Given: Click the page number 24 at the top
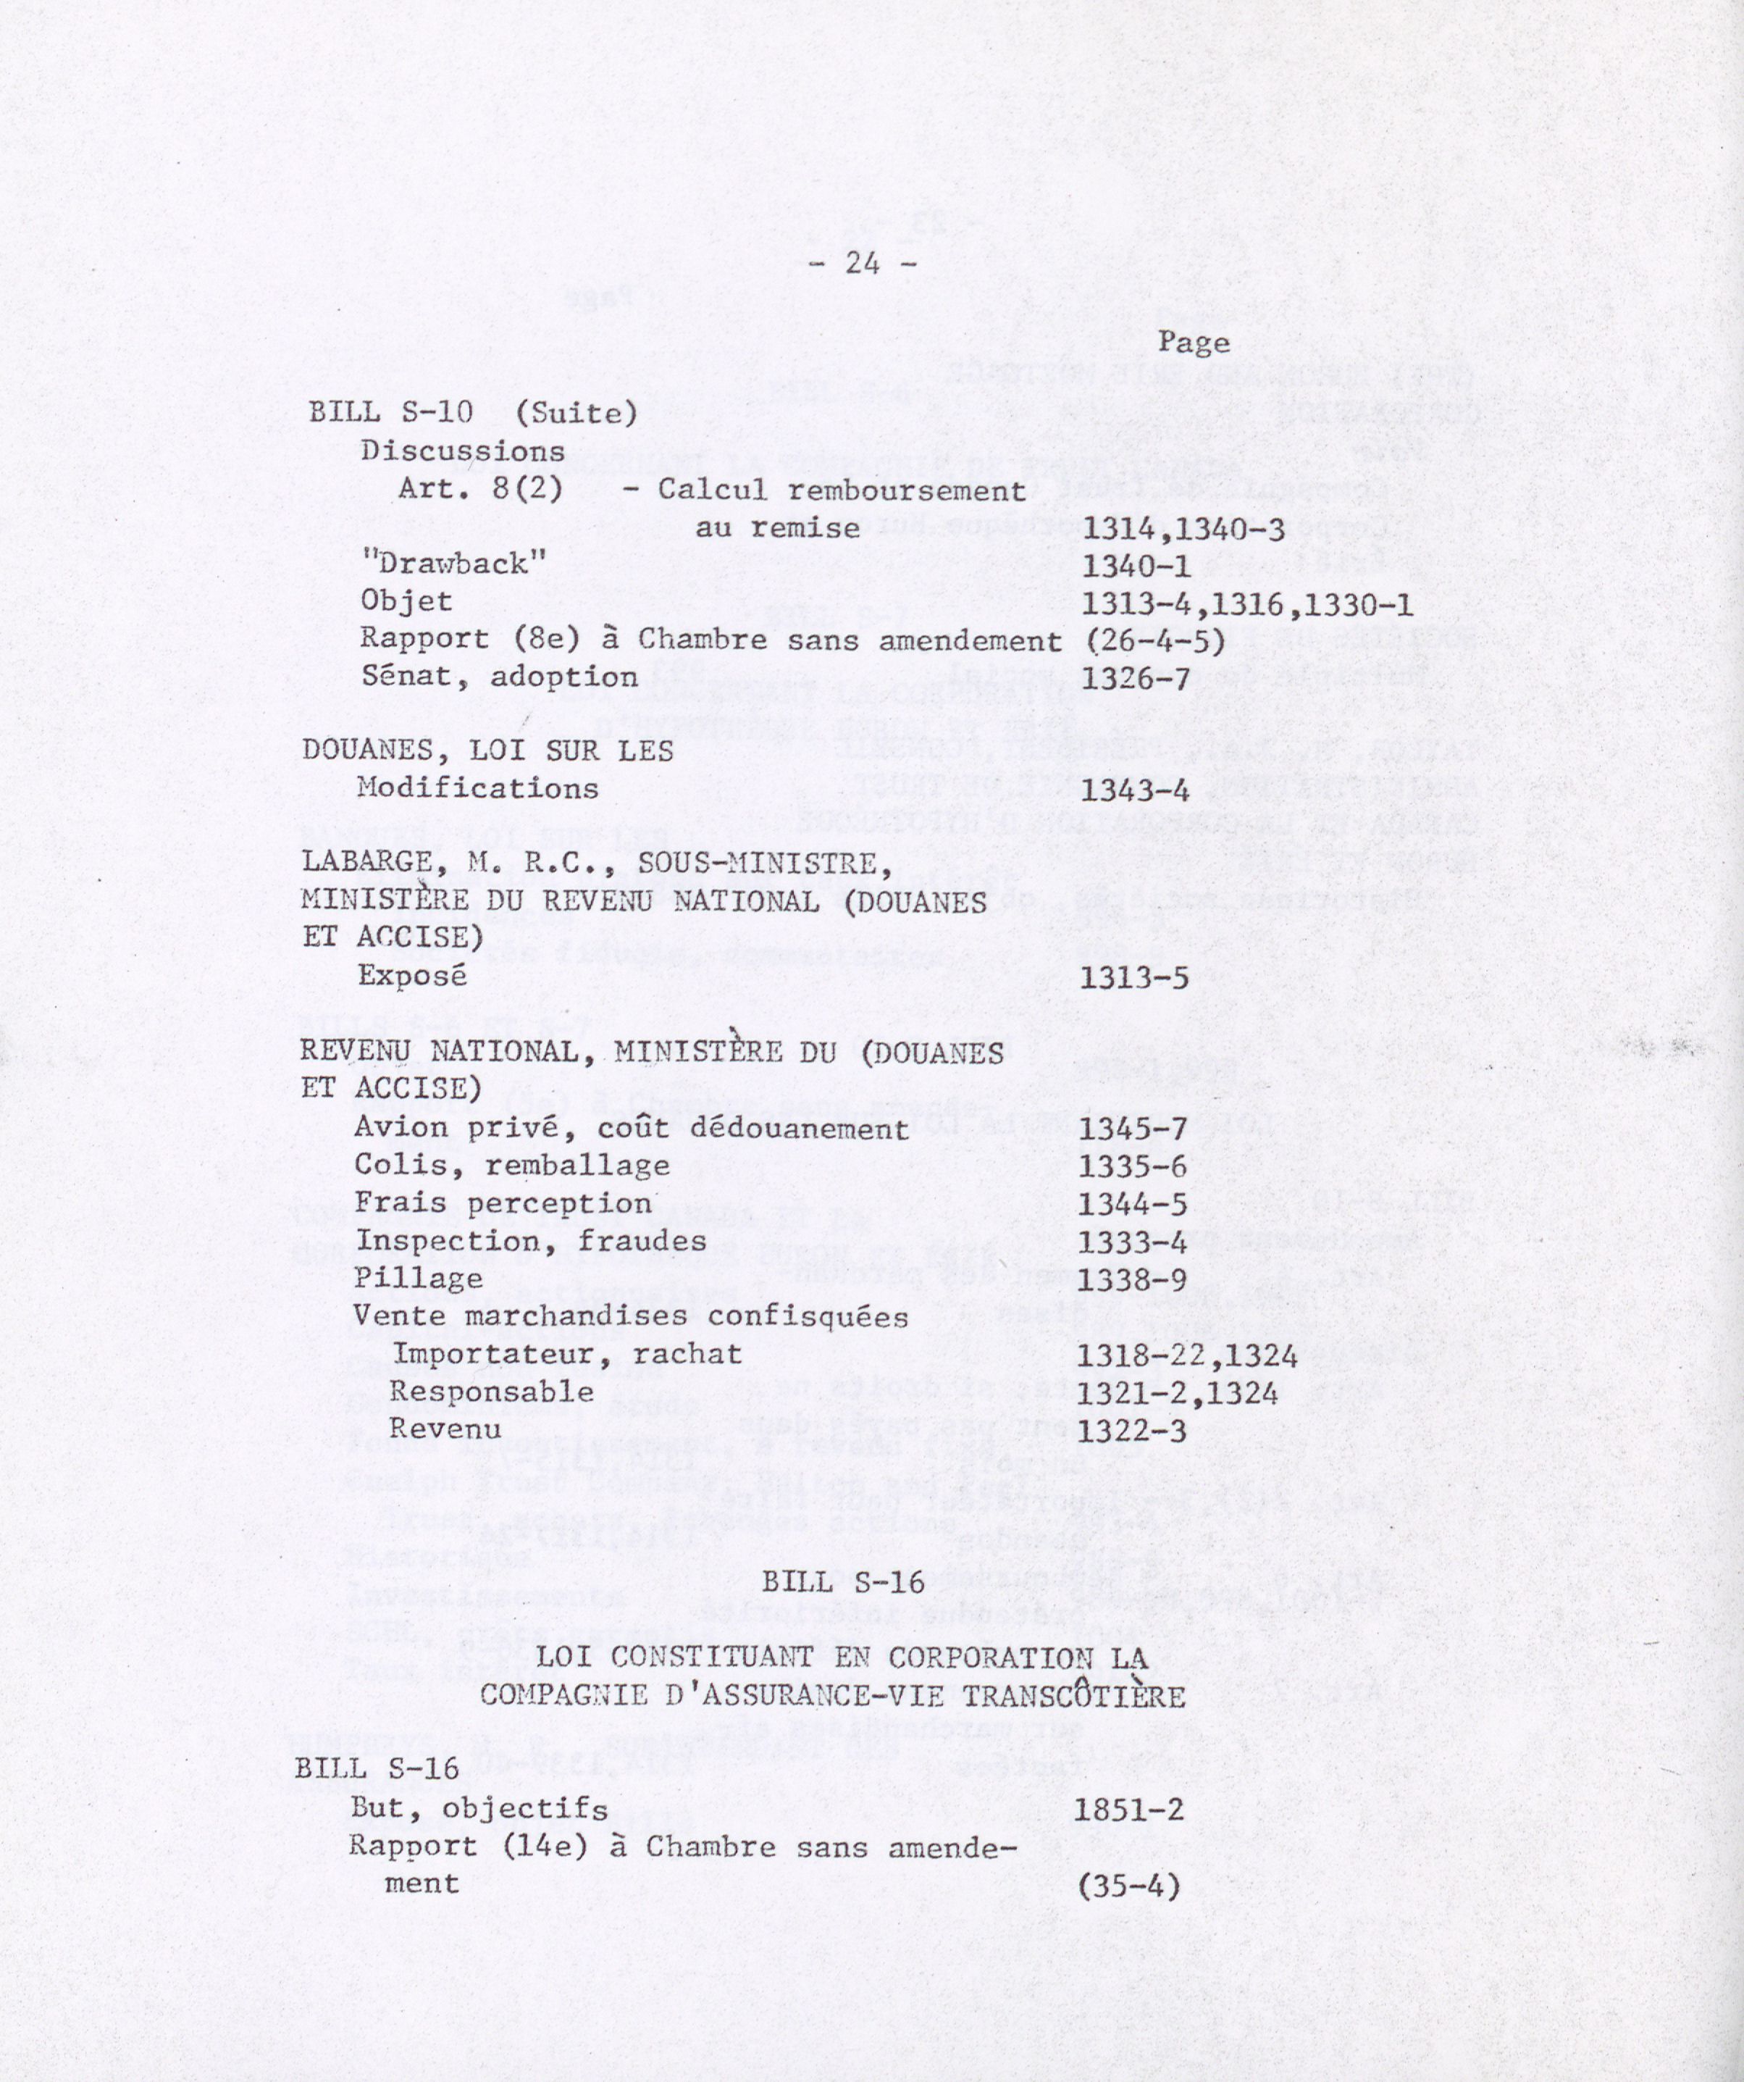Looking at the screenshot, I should pyautogui.click(x=862, y=264).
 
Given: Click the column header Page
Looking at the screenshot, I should pyautogui.click(x=1194, y=343).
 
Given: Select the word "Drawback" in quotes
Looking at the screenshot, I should pyautogui.click(x=454, y=564).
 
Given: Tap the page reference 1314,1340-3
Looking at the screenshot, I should pyautogui.click(x=1184, y=530).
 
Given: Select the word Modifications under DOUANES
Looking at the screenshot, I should pyautogui.click(x=478, y=788).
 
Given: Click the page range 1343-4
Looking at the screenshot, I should pyautogui.click(x=1134, y=791).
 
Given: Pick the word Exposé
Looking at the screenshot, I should pyautogui.click(x=411, y=976).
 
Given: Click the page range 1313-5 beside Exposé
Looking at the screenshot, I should pyautogui.click(x=1133, y=979).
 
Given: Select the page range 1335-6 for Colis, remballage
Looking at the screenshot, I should pyautogui.click(x=1132, y=1167).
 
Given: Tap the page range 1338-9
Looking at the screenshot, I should pyautogui.click(x=1132, y=1280).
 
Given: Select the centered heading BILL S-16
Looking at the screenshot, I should pyautogui.click(x=844, y=1581).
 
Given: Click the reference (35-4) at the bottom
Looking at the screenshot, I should pyautogui.click(x=1129, y=1886).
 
